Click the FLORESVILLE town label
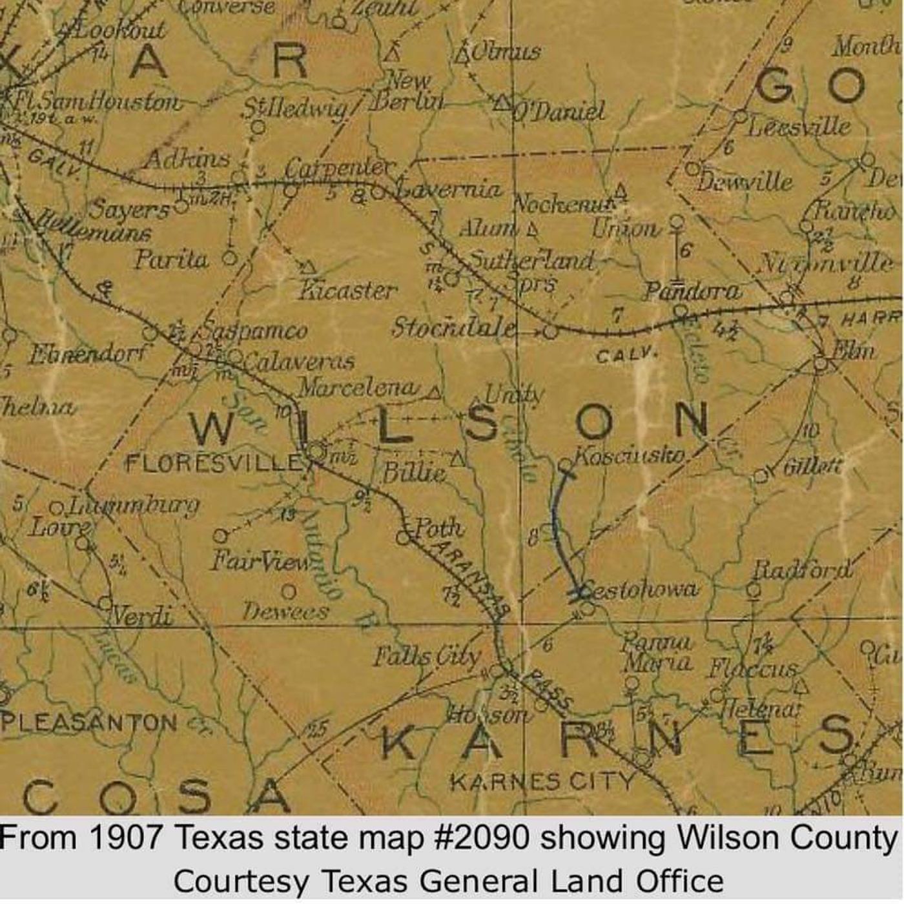(x=213, y=462)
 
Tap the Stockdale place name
(x=455, y=327)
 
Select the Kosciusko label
(x=630, y=455)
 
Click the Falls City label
(x=427, y=657)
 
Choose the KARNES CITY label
(x=542, y=782)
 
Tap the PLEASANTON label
(x=88, y=722)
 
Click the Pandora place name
(x=692, y=291)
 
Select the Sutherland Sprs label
(x=529, y=270)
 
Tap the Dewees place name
(x=285, y=611)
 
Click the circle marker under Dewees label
(x=289, y=591)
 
